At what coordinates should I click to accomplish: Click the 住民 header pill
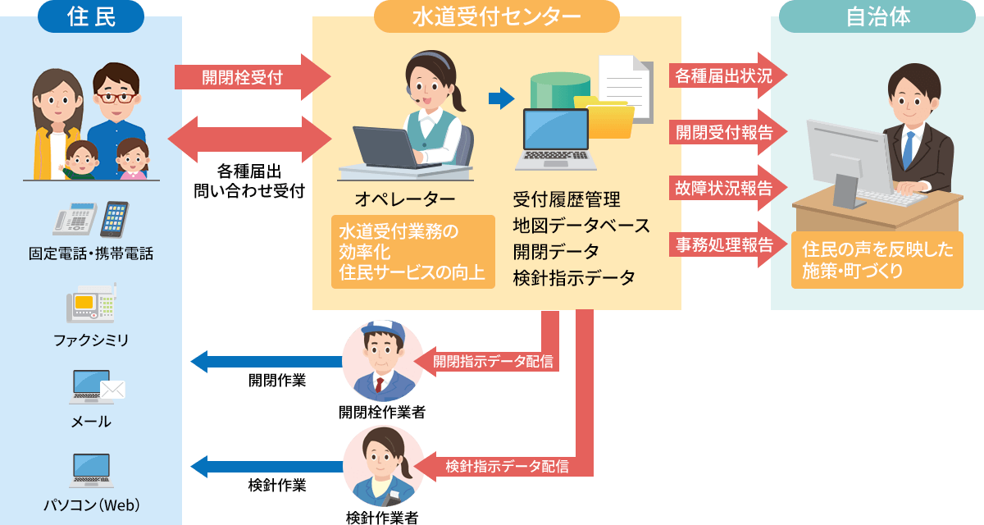91,17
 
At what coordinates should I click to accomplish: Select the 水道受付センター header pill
496,17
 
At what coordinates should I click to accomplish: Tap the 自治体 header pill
878,17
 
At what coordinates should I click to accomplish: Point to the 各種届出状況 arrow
727,76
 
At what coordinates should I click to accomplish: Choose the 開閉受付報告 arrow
727,132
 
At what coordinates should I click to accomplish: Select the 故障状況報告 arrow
727,188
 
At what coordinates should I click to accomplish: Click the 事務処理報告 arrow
727,244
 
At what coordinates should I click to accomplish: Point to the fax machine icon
91,304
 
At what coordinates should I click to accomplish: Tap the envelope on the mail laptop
111,390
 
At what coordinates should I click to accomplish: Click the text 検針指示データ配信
507,467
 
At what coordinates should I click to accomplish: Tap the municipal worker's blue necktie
908,147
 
